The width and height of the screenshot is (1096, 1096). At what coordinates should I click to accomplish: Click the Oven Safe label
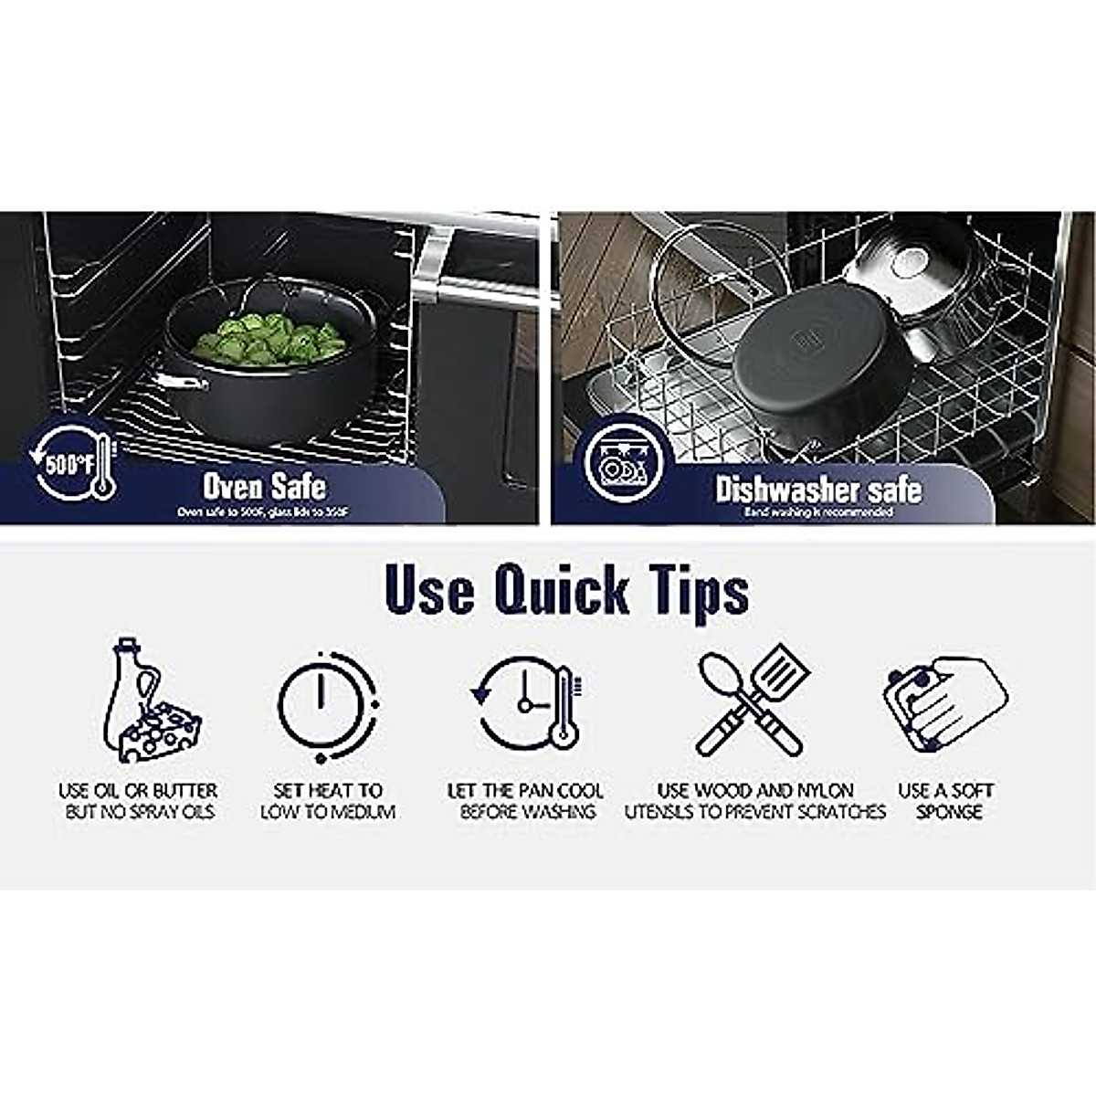(264, 486)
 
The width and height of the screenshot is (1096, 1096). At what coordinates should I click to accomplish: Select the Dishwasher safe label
(818, 489)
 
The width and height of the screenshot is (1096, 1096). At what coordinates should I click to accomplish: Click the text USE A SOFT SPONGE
(945, 801)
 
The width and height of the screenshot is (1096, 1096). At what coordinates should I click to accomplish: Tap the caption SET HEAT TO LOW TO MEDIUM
(328, 801)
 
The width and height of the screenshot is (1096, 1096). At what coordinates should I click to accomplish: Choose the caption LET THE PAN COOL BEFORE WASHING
(525, 801)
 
